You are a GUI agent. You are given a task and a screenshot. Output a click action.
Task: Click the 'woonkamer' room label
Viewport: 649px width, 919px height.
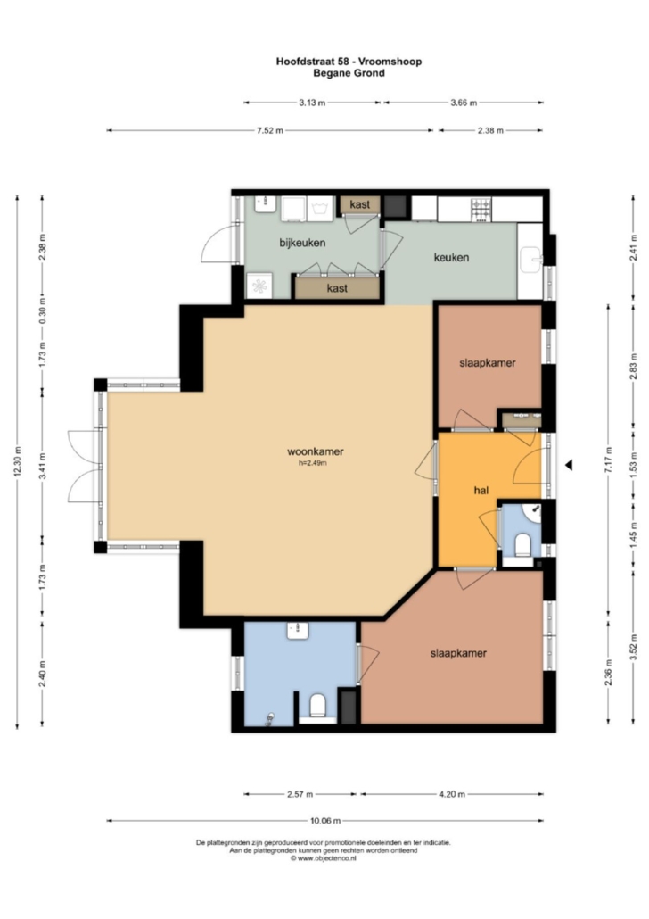point(315,451)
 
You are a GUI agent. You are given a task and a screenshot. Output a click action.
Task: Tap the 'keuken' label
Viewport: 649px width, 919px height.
point(451,257)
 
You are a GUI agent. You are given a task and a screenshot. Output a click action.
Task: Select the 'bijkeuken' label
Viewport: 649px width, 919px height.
point(302,243)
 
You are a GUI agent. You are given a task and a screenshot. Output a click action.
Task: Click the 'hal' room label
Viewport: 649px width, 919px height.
point(481,490)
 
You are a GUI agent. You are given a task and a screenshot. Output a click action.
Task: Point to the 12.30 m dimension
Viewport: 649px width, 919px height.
point(17,462)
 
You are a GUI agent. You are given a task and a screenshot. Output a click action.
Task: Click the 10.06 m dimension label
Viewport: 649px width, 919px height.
point(325,821)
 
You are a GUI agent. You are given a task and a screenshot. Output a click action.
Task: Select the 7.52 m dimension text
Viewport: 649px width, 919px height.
point(269,130)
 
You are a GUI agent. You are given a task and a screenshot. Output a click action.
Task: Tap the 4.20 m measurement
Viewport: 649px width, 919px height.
point(452,794)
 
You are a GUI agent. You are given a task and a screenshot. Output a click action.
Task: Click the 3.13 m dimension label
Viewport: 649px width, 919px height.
point(312,103)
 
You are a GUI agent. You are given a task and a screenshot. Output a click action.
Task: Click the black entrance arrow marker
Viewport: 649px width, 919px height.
point(568,465)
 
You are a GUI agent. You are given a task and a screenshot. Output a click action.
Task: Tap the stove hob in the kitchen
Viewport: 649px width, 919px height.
point(481,210)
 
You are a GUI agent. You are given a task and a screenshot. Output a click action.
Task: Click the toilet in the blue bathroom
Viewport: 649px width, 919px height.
point(317,705)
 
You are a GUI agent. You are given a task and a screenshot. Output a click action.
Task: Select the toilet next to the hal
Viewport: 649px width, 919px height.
point(522,544)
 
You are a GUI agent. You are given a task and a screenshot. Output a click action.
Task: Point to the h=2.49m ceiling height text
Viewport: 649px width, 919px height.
point(313,463)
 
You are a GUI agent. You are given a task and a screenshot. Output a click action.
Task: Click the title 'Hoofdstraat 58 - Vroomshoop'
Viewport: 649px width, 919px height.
point(349,61)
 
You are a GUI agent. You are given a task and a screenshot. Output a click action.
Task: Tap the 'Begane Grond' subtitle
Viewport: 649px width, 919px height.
point(349,73)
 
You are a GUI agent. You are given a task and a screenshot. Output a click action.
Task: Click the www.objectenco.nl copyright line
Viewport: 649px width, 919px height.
point(324,858)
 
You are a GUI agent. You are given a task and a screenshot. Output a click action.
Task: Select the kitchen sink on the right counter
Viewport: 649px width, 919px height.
point(531,259)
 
